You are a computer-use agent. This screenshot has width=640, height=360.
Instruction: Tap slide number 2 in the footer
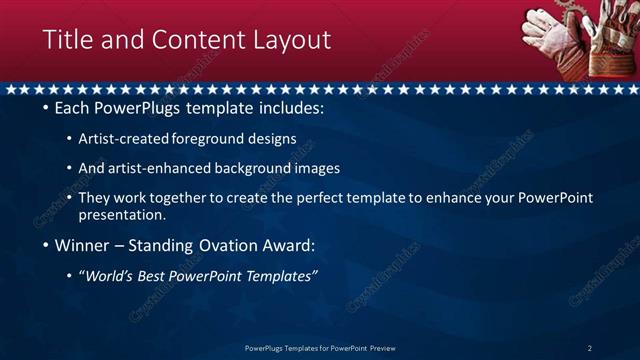coord(589,348)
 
